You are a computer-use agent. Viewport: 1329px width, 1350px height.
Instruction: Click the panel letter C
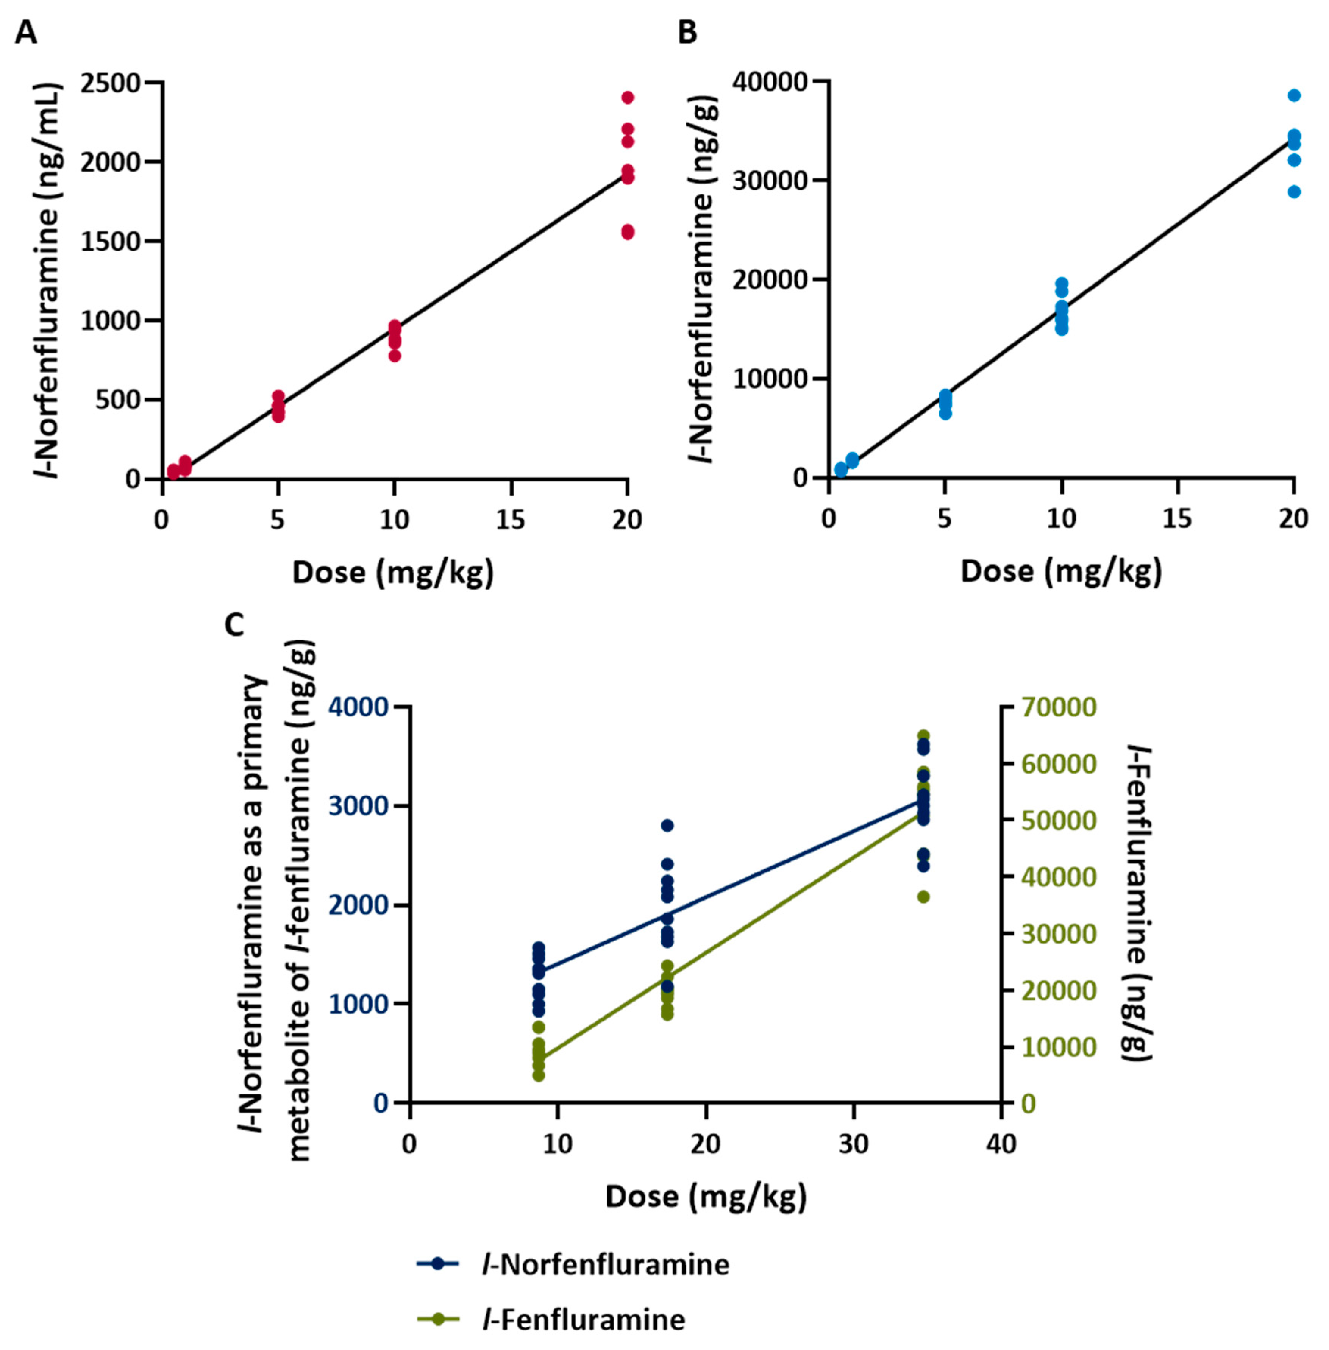tap(234, 625)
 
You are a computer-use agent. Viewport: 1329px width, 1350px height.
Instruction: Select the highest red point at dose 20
tap(628, 97)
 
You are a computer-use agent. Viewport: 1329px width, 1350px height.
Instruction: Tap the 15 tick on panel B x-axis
tap(1178, 519)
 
